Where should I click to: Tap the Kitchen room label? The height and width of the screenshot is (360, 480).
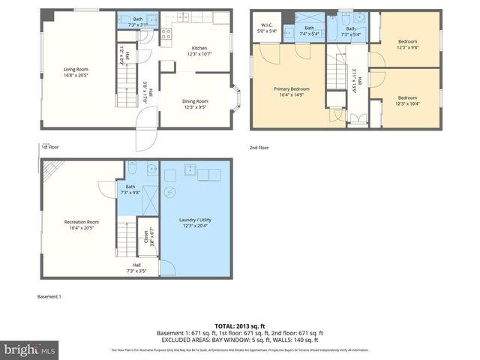(x=198, y=49)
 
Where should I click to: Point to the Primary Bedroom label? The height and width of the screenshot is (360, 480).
(x=291, y=91)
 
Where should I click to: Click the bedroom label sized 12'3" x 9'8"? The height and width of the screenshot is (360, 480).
(x=407, y=44)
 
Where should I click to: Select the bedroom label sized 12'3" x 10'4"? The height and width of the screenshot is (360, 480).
(x=407, y=100)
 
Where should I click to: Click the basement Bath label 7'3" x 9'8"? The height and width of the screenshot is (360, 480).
(x=130, y=189)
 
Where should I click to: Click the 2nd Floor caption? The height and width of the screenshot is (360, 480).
(x=259, y=148)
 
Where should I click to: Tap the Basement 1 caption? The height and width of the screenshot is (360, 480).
(x=49, y=297)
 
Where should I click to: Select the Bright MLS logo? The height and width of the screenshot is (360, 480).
(x=29, y=349)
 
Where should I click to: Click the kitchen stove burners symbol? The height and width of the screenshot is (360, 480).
(x=167, y=33)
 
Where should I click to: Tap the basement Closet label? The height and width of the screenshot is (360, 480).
(x=146, y=238)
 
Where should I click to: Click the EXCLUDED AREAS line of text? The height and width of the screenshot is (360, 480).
(x=239, y=340)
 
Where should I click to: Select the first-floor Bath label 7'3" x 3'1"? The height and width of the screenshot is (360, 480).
(x=138, y=21)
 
